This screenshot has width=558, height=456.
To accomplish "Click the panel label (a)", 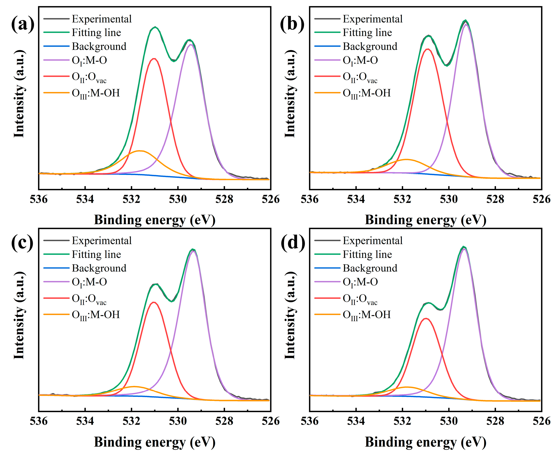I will (23, 24).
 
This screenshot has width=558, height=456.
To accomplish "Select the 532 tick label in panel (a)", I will (131, 199).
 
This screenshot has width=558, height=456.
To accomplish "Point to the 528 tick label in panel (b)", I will (495, 199).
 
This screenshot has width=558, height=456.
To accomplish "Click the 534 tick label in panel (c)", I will (85, 421).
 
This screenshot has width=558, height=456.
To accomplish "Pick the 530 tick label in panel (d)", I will (449, 421).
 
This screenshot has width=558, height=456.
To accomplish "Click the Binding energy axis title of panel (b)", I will (425, 220).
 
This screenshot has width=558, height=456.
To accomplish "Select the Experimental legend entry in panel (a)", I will (102, 19).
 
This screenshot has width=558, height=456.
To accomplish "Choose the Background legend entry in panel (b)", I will (370, 46).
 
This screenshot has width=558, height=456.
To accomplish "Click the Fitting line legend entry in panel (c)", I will (96, 254).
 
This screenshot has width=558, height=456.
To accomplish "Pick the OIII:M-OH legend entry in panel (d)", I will (366, 315).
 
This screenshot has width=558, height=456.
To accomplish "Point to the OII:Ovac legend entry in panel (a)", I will (89, 77).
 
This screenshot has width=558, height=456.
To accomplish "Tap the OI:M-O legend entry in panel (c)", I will (89, 282).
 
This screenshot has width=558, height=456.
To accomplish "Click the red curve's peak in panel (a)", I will (154, 59).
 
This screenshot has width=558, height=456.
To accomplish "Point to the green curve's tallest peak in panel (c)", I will (193, 249).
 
